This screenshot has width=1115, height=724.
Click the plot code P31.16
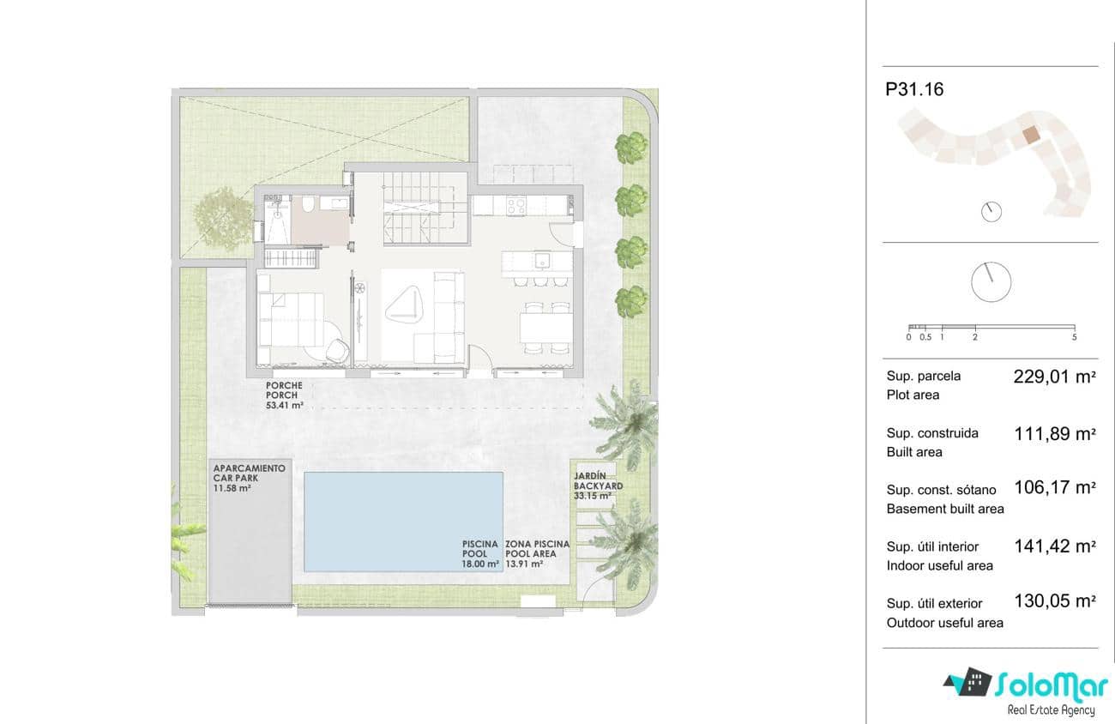pyautogui.click(x=914, y=89)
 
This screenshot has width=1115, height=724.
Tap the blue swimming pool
pyautogui.click(x=403, y=522)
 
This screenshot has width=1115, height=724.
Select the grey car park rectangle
pyautogui.click(x=250, y=531)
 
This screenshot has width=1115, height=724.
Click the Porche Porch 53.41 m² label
pyautogui.click(x=284, y=395)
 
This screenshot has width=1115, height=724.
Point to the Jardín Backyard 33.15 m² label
pyautogui.click(x=598, y=486)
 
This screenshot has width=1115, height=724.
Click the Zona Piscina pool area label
pyautogui.click(x=537, y=553)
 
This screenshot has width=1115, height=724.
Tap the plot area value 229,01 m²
pyautogui.click(x=1055, y=377)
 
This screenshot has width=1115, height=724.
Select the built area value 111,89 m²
pyautogui.click(x=1055, y=434)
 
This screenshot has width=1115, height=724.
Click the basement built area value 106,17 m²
pyautogui.click(x=1055, y=487)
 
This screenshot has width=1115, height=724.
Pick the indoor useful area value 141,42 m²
pyautogui.click(x=1055, y=546)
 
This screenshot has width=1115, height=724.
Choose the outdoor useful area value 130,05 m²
pyautogui.click(x=1055, y=601)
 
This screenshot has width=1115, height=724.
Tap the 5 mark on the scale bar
pyautogui.click(x=1074, y=337)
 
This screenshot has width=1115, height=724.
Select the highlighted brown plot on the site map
pyautogui.click(x=1031, y=135)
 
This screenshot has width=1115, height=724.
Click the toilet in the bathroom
pyautogui.click(x=308, y=203)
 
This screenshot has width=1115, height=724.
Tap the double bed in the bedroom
pyautogui.click(x=291, y=319)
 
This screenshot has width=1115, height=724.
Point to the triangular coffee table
pyautogui.click(x=404, y=305)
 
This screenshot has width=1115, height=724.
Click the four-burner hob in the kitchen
pyautogui.click(x=516, y=205)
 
